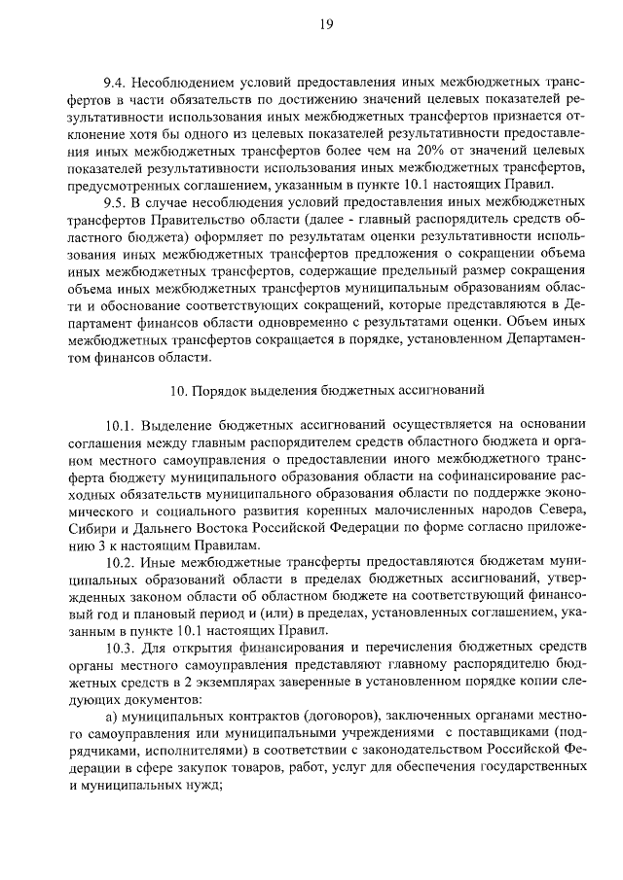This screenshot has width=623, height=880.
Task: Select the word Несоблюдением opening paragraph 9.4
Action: click(x=183, y=81)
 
